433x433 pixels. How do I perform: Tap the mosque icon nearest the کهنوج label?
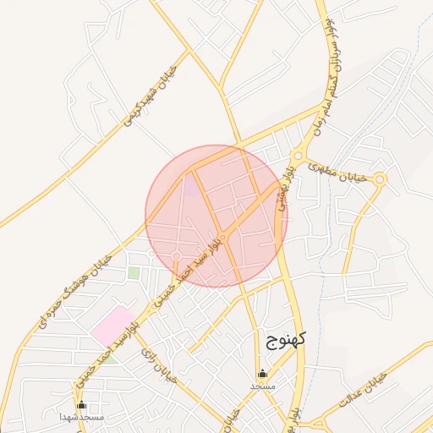tap(262, 373)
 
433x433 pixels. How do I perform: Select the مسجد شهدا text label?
tap(81, 418)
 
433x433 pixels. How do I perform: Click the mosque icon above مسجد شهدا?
tap(81, 406)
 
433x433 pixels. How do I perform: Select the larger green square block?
tap(134, 273)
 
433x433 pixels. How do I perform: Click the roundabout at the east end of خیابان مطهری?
tap(380, 178)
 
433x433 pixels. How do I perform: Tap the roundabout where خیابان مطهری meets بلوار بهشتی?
tap(297, 156)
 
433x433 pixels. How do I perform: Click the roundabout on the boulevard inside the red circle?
tap(222, 236)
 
